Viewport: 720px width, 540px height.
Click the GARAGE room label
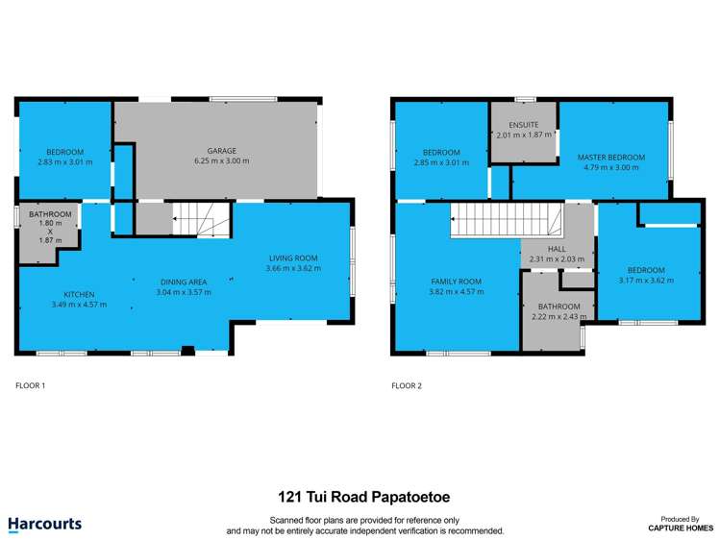[221, 151]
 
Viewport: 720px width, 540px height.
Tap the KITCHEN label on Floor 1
[79, 294]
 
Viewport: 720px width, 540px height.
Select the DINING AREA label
[184, 282]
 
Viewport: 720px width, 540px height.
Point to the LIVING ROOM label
[292, 258]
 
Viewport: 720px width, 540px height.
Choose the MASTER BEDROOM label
[610, 157]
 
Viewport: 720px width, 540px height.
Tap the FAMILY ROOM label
[456, 282]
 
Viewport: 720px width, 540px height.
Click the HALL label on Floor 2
[557, 248]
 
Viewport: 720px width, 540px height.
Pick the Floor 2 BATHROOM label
[559, 307]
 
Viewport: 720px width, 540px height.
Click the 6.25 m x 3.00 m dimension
[221, 161]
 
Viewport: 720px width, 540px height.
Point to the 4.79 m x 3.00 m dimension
[610, 167]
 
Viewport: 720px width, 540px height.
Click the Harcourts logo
[45, 525]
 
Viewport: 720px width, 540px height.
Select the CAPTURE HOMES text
[679, 528]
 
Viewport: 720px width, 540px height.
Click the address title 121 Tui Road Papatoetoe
[364, 498]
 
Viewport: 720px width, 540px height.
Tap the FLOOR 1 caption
[31, 385]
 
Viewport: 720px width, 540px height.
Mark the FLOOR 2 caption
[406, 385]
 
